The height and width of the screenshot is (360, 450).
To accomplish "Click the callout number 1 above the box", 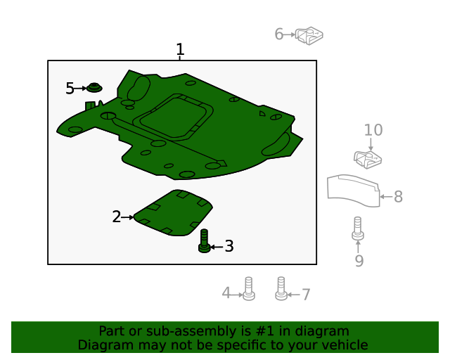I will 180,50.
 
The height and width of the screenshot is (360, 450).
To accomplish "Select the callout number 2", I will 117,217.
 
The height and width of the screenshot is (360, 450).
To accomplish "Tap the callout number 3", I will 229,247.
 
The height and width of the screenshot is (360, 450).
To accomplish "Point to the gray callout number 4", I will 226,293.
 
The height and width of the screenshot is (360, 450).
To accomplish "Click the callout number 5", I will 70,88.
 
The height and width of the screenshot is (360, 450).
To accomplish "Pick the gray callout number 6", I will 279,34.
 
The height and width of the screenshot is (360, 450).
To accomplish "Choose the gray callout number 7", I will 306,295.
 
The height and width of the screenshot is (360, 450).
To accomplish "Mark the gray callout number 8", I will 398,197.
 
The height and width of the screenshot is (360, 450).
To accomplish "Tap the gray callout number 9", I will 359,262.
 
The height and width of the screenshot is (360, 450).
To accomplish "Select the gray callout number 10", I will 373,130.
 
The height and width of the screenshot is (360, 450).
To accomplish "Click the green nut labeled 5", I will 94,88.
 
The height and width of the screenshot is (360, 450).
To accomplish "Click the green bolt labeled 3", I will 204,240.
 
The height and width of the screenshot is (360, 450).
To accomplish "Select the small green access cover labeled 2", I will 173,212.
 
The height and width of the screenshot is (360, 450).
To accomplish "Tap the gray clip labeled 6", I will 309,34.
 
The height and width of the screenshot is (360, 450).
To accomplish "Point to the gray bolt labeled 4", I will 247,288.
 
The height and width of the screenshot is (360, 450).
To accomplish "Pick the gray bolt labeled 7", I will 281,288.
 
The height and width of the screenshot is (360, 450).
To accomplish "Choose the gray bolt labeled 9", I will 358,229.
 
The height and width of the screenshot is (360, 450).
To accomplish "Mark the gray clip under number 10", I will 367,160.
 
